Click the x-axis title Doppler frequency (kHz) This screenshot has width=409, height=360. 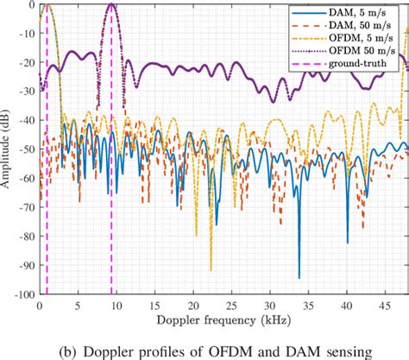click(223, 319)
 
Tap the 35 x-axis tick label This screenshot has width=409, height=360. click(307, 304)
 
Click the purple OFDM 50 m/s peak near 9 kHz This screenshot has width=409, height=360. click(111, 5)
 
